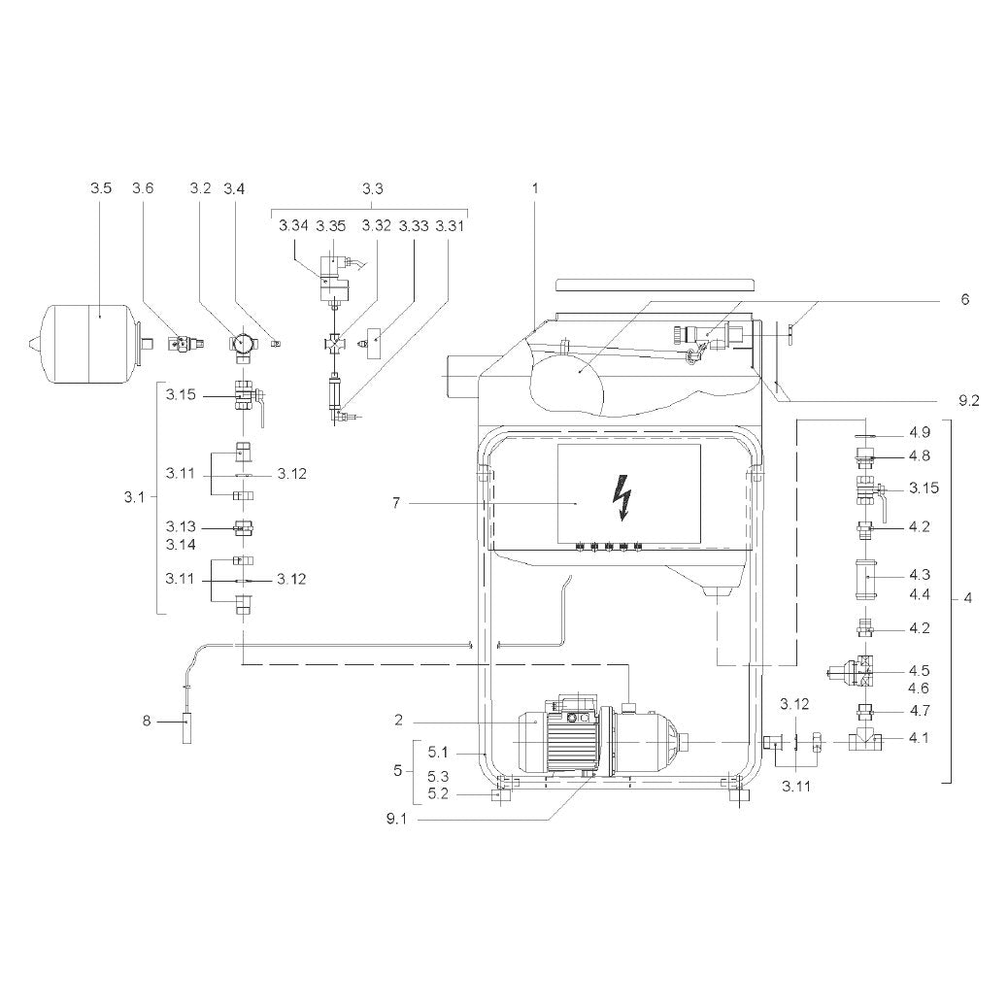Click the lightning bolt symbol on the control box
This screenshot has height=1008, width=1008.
coord(622,497)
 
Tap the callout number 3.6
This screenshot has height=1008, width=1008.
coord(143,188)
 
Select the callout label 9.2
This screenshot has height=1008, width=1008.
coord(969,401)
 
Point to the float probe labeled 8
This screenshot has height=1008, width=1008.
coord(187,727)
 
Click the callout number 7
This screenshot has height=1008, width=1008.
coord(396,503)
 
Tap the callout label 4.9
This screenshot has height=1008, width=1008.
coord(920,433)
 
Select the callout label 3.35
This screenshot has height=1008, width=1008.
coord(330,226)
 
